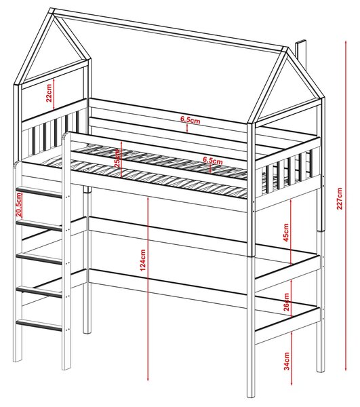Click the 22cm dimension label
[x=49, y=93]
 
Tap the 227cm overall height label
[x=340, y=198]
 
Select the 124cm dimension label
[x=142, y=260]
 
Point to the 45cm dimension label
[x=286, y=232]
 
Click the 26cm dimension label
[x=286, y=302]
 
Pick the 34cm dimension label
[x=286, y=361]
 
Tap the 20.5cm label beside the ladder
[x=18, y=205]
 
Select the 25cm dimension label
[x=117, y=158]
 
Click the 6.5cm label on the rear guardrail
[x=191, y=120]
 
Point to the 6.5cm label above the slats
[x=213, y=160]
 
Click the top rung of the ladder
[x=39, y=193]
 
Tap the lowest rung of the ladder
[x=39, y=326]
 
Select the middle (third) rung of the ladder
[x=39, y=259]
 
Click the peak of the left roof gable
[x=52, y=11]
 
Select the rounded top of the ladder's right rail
[x=67, y=135]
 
